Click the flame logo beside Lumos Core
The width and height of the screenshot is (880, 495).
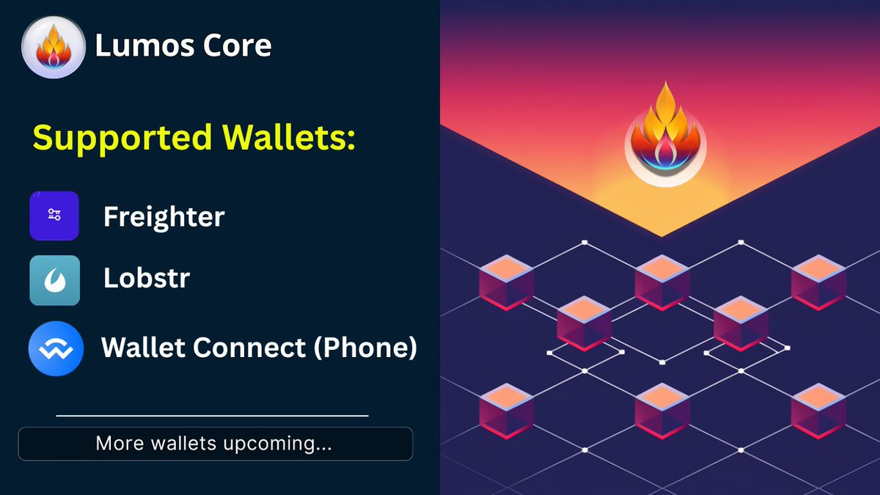(54, 47)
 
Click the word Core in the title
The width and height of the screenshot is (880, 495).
(237, 45)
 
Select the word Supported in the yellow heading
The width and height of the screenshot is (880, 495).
(122, 138)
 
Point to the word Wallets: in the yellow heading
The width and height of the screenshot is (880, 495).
(289, 137)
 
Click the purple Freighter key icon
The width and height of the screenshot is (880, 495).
(54, 216)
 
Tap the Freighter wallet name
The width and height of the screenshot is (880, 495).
(164, 217)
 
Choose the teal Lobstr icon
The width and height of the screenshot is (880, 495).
(54, 280)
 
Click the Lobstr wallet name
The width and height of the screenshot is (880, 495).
(147, 278)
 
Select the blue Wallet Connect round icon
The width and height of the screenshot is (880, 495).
(56, 348)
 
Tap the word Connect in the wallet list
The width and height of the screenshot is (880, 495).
(249, 348)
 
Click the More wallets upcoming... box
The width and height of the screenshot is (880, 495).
(216, 444)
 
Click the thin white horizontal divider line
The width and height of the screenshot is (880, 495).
(212, 415)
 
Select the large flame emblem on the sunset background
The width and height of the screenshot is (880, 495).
(666, 134)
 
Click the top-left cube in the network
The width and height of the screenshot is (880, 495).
(507, 282)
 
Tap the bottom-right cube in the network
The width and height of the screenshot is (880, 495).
(818, 411)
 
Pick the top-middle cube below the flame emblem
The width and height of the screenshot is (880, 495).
(662, 282)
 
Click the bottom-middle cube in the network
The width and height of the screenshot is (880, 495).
(662, 411)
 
